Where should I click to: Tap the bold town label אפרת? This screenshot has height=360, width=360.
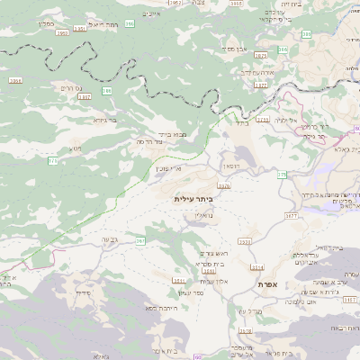266,284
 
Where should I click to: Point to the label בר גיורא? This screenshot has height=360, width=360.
105,119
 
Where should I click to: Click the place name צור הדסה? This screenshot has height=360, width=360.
149,142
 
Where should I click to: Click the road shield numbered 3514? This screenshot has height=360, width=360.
257,268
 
